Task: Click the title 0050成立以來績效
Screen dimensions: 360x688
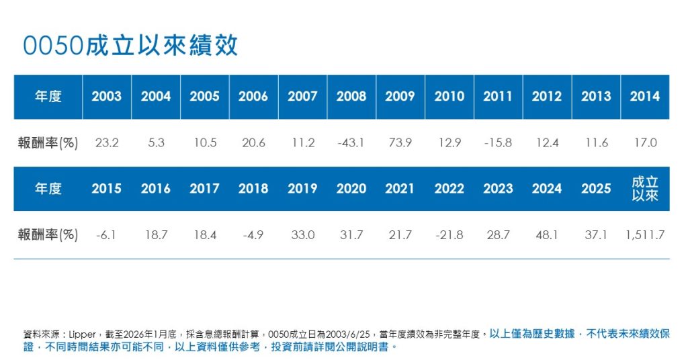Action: pos(130,46)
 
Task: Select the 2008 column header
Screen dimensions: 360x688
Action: pos(351,97)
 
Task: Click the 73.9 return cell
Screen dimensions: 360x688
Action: pos(400,142)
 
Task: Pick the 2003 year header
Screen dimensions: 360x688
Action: pos(107,97)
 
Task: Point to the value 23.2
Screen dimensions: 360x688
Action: pos(107,142)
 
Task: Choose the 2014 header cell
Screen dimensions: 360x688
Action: pos(645,97)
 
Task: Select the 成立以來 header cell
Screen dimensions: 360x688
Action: pos(645,189)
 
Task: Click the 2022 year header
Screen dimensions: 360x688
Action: pos(449,189)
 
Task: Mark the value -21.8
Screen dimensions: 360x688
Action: pos(449,234)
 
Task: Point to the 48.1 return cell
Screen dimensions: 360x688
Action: pos(547,234)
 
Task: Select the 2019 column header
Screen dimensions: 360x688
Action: pos(302,189)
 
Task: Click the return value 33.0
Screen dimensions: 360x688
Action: pos(302,234)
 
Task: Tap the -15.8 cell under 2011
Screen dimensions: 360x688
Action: pos(498,142)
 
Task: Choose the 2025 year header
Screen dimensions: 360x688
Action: pos(596,189)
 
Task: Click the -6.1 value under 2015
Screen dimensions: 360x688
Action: pos(107,234)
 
